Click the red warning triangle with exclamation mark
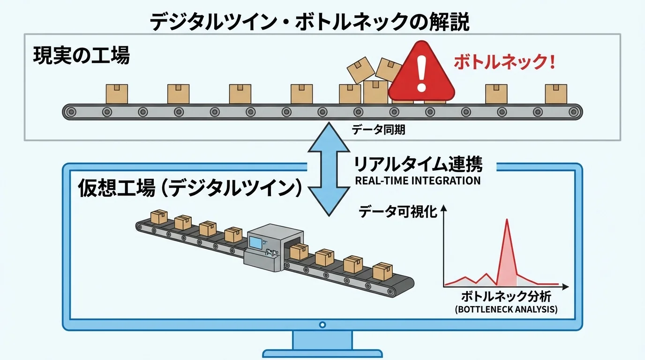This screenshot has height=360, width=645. click(x=422, y=75)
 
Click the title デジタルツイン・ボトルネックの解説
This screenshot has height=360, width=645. click(x=309, y=22)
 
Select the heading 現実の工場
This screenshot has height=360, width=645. click(x=81, y=57)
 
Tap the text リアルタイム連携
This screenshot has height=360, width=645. click(x=418, y=165)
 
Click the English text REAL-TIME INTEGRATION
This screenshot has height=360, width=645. click(x=418, y=180)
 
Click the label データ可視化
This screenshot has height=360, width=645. click(x=398, y=212)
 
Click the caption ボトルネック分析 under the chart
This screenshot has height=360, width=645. click(x=506, y=297)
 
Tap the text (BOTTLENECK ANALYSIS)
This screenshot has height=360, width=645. click(x=506, y=309)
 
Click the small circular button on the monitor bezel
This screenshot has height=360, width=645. click(x=322, y=324)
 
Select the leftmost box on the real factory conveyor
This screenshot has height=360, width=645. click(x=117, y=94)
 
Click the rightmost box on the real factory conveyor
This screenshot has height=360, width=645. click(x=556, y=94)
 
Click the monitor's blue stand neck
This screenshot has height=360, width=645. click(x=322, y=339)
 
